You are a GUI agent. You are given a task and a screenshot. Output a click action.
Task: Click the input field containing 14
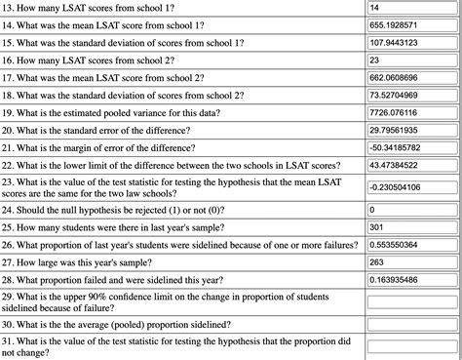pyautogui.click(x=412, y=9)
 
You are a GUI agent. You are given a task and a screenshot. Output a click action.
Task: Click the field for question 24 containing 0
pyautogui.click(x=412, y=210)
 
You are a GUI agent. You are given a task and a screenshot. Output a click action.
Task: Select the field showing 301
pyautogui.click(x=412, y=227)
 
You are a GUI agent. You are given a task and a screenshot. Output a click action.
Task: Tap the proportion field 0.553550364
pyautogui.click(x=412, y=245)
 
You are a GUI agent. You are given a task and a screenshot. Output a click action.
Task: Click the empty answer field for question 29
pyautogui.click(x=412, y=302)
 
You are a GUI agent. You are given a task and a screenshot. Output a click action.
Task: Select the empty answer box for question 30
pyautogui.click(x=412, y=324)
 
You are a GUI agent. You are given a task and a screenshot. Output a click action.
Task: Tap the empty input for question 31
pyautogui.click(x=412, y=346)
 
